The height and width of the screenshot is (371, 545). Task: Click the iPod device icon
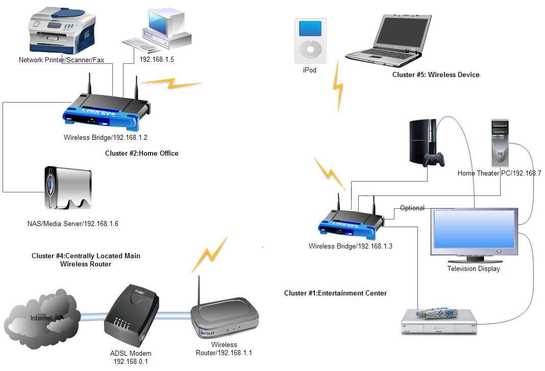click(x=310, y=40)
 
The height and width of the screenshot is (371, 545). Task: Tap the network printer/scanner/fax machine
click(x=61, y=30)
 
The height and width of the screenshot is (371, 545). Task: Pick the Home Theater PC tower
click(x=500, y=142)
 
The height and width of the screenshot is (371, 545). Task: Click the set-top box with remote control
click(x=438, y=321)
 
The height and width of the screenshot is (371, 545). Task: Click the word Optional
click(x=412, y=208)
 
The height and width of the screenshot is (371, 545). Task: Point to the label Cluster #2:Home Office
click(x=142, y=153)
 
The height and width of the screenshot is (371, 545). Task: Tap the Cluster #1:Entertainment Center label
click(x=335, y=293)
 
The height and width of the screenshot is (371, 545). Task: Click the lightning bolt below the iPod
click(x=338, y=87)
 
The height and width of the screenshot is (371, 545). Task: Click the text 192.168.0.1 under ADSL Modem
click(x=131, y=361)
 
